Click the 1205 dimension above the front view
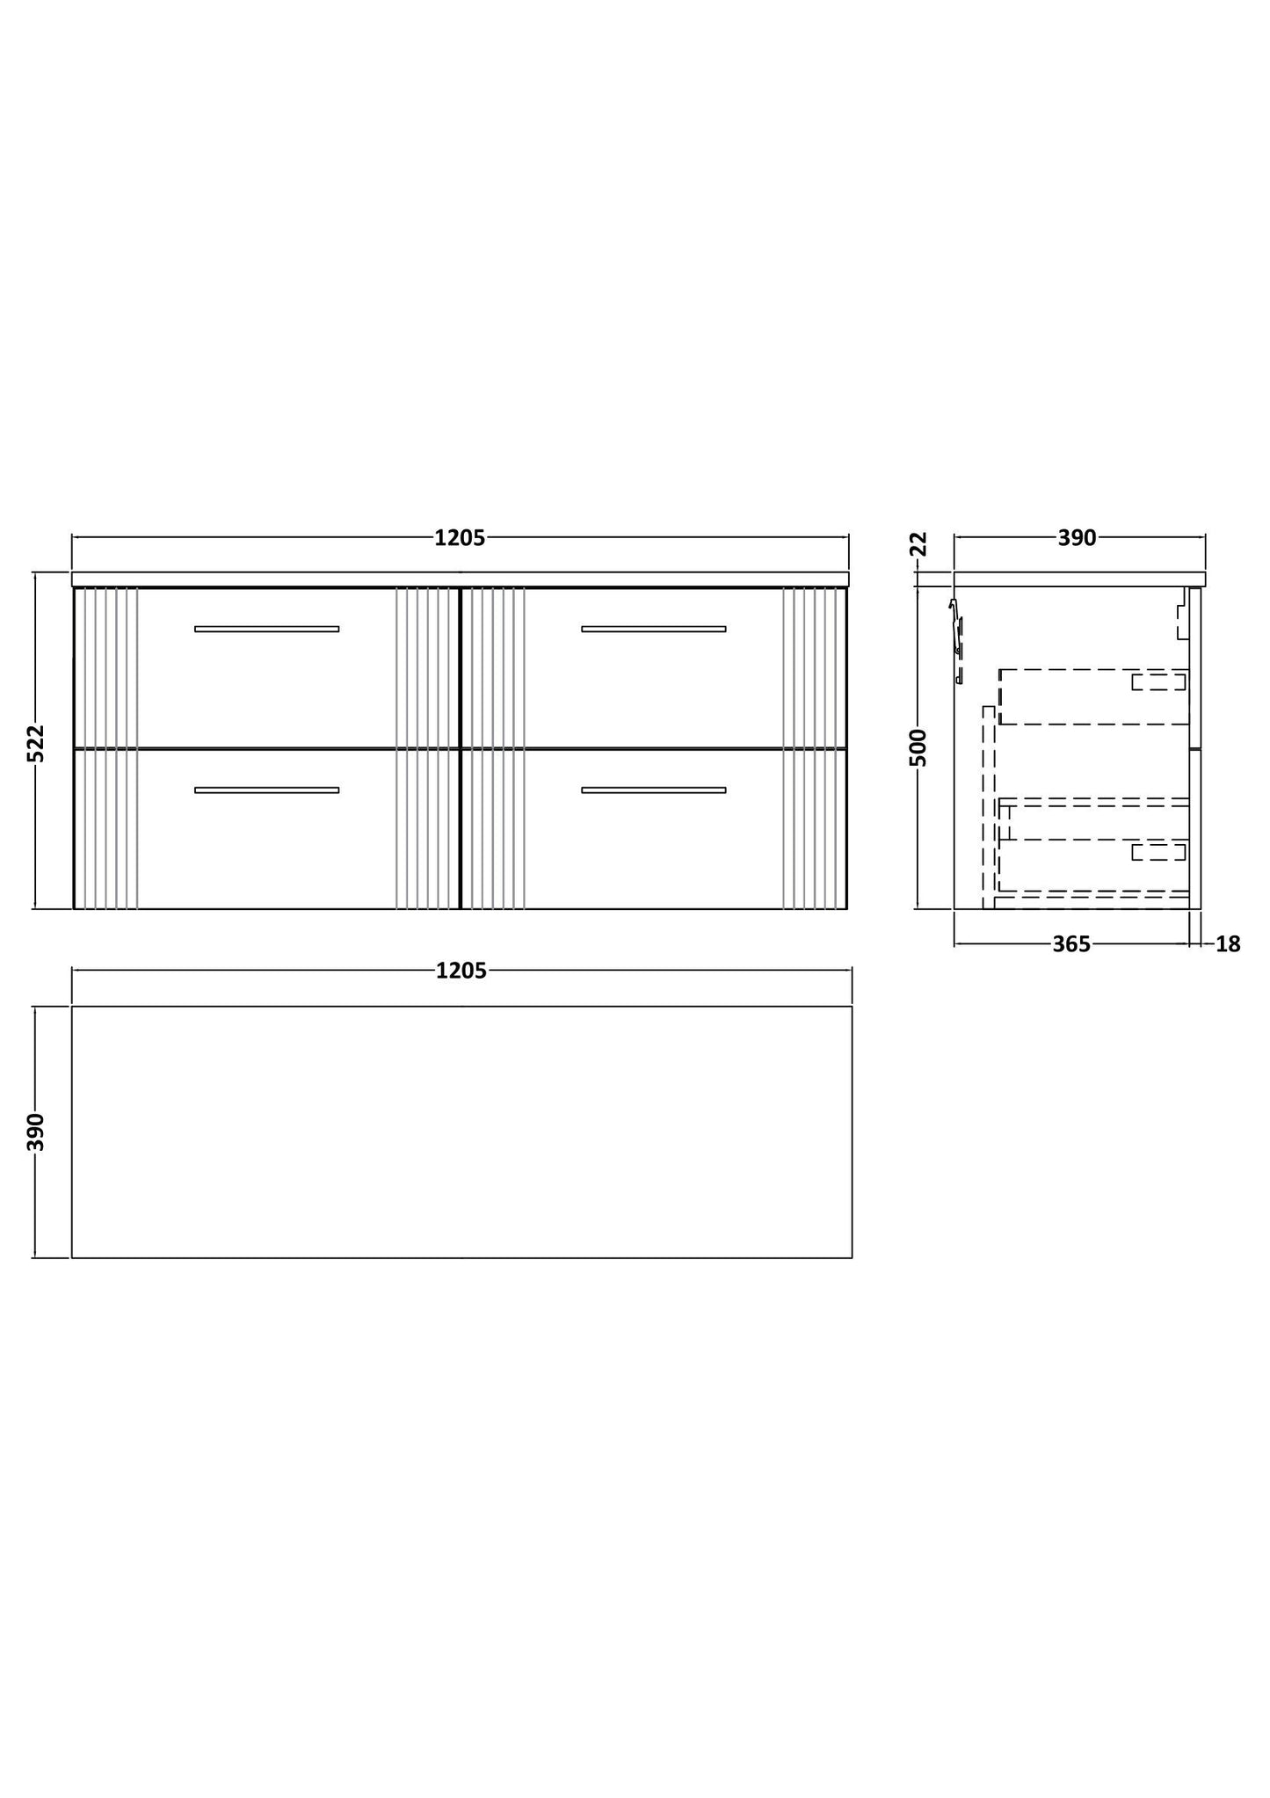coord(460,538)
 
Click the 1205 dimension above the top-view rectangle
coord(461,971)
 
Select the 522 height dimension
coord(36,743)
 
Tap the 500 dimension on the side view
coord(918,747)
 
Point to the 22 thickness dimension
coord(918,543)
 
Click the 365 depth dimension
coord(1070,944)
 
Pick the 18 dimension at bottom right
coord(1228,944)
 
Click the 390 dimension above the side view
coord(1077,538)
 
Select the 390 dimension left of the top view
coord(36,1132)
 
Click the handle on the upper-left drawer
coord(266,629)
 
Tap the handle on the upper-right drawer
coord(653,629)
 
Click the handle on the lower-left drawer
coord(266,790)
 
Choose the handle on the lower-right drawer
coord(653,790)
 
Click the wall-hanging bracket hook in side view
coord(956,629)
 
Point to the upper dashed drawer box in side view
coord(1093,697)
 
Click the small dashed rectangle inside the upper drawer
coord(1158,681)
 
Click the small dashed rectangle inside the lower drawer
coord(1158,851)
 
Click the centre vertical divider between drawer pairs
coord(461,747)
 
